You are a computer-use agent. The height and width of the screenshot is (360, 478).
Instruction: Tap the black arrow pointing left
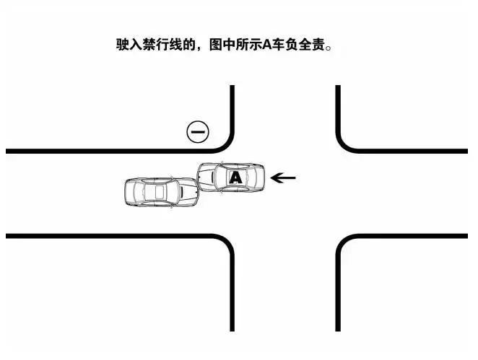282,176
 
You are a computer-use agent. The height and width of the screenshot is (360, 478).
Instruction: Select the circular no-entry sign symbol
198,132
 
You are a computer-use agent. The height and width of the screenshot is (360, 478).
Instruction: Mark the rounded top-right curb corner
345,144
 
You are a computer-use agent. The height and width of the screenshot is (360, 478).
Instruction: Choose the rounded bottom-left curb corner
225,244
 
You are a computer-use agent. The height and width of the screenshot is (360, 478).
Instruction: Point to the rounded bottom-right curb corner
345,244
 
